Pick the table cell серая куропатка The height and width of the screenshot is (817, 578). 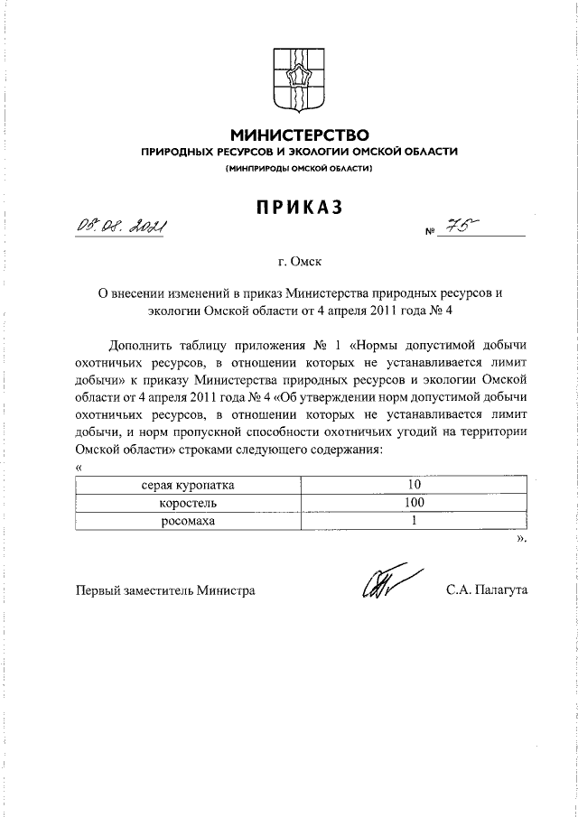(x=181, y=485)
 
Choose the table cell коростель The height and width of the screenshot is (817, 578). (x=181, y=503)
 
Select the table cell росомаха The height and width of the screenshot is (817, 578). (x=181, y=521)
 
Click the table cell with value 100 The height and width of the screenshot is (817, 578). (x=415, y=503)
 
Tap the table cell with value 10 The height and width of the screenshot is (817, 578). (x=415, y=485)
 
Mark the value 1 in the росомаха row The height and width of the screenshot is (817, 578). (x=415, y=521)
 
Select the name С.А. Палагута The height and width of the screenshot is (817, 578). (x=486, y=590)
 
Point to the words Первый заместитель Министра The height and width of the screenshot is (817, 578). (x=164, y=590)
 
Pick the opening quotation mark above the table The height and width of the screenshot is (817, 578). (x=79, y=469)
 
